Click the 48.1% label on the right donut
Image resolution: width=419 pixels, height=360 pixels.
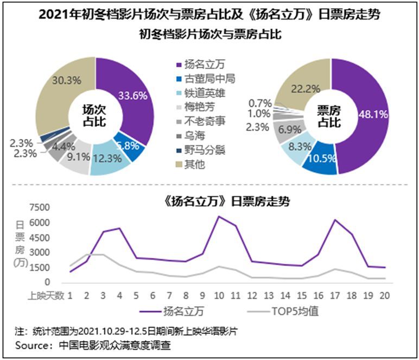[x=373, y=114]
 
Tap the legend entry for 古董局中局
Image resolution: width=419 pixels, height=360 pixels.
[x=210, y=79]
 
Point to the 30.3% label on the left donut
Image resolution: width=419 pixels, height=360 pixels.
[x=66, y=80]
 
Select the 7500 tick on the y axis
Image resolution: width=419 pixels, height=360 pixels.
[x=40, y=207]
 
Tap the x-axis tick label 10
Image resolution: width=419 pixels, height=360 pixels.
[x=219, y=295]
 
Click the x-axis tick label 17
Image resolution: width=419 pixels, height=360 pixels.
[x=335, y=295]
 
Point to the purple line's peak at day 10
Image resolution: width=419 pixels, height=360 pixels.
[x=219, y=216]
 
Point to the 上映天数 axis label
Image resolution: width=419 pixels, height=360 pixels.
[x=46, y=295]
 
